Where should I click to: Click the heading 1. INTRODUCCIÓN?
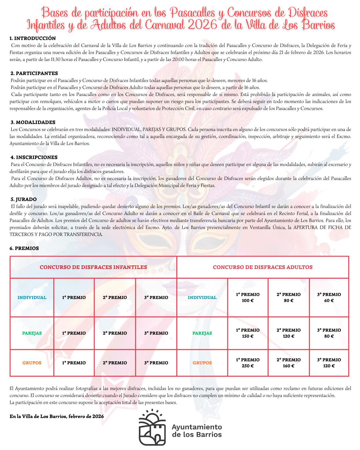pos(33,38)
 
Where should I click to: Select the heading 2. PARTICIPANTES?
pos(34,73)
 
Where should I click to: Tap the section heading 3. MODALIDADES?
pos(33,122)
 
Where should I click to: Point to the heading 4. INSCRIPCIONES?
pos(34,157)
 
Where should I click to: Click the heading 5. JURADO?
pos(24,199)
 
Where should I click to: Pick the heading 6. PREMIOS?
pos(24,248)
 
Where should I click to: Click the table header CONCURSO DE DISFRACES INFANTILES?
pos(93,267)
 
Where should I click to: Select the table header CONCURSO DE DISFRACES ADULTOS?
pos(263,267)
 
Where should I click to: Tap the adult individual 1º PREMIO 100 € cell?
pos(248,297)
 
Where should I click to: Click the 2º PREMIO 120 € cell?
pos(289,333)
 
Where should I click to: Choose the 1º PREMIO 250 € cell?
pos(248,363)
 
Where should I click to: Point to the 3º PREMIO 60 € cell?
pos(329,297)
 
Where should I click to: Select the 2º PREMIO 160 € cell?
pos(289,363)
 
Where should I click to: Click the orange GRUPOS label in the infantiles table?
pos(32,363)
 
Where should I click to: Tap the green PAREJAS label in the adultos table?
pos(202,333)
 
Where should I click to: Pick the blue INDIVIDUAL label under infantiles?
pos(32,297)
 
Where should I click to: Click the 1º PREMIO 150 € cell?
pos(248,333)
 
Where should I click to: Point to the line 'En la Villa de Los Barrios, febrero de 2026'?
pos(57,416)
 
